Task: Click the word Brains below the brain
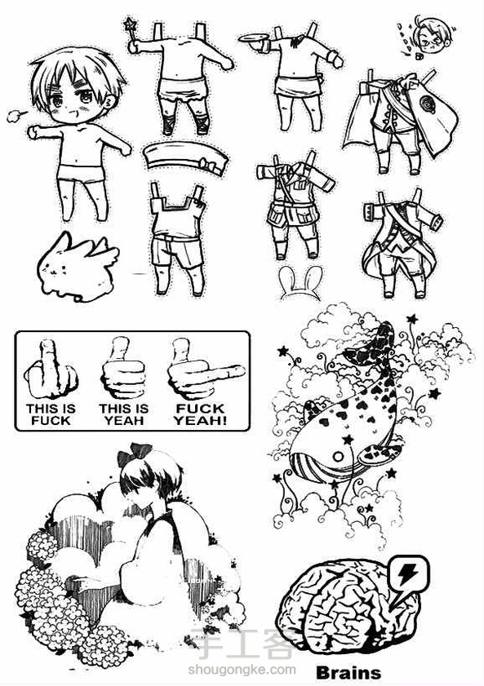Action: pyautogui.click(x=348, y=672)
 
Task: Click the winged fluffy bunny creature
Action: pyautogui.click(x=77, y=268)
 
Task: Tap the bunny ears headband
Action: pyautogui.click(x=300, y=283)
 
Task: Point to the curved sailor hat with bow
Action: pyautogui.click(x=186, y=158)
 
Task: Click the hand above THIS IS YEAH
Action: pyautogui.click(x=123, y=368)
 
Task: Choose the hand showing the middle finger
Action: pyautogui.click(x=51, y=370)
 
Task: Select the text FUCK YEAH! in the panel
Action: pyautogui.click(x=200, y=414)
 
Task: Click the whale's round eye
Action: pyautogui.click(x=338, y=457)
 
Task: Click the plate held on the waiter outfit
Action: pyautogui.click(x=254, y=38)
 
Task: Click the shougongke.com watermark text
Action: pyautogui.click(x=242, y=670)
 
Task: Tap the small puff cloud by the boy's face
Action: pyautogui.click(x=16, y=116)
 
